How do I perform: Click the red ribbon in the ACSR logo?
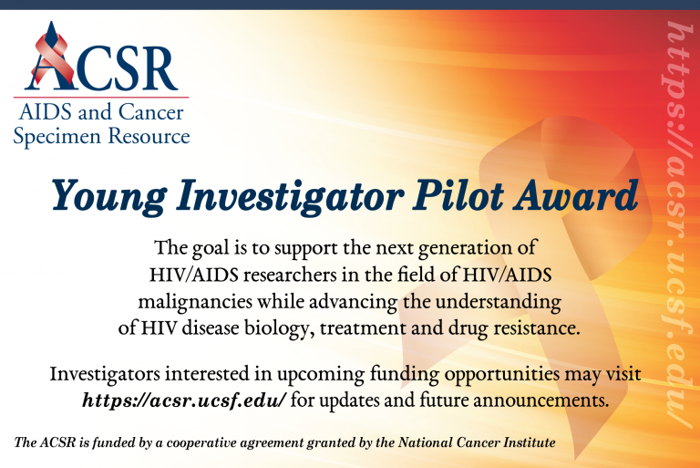(x=52, y=59)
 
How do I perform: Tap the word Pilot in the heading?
(x=458, y=195)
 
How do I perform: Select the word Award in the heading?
(x=576, y=195)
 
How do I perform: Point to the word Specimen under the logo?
(x=57, y=137)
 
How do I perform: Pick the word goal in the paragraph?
(x=211, y=248)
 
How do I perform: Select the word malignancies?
(x=195, y=303)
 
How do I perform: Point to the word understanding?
(x=499, y=302)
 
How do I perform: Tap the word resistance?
(x=536, y=329)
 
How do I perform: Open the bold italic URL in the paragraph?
(x=183, y=400)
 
